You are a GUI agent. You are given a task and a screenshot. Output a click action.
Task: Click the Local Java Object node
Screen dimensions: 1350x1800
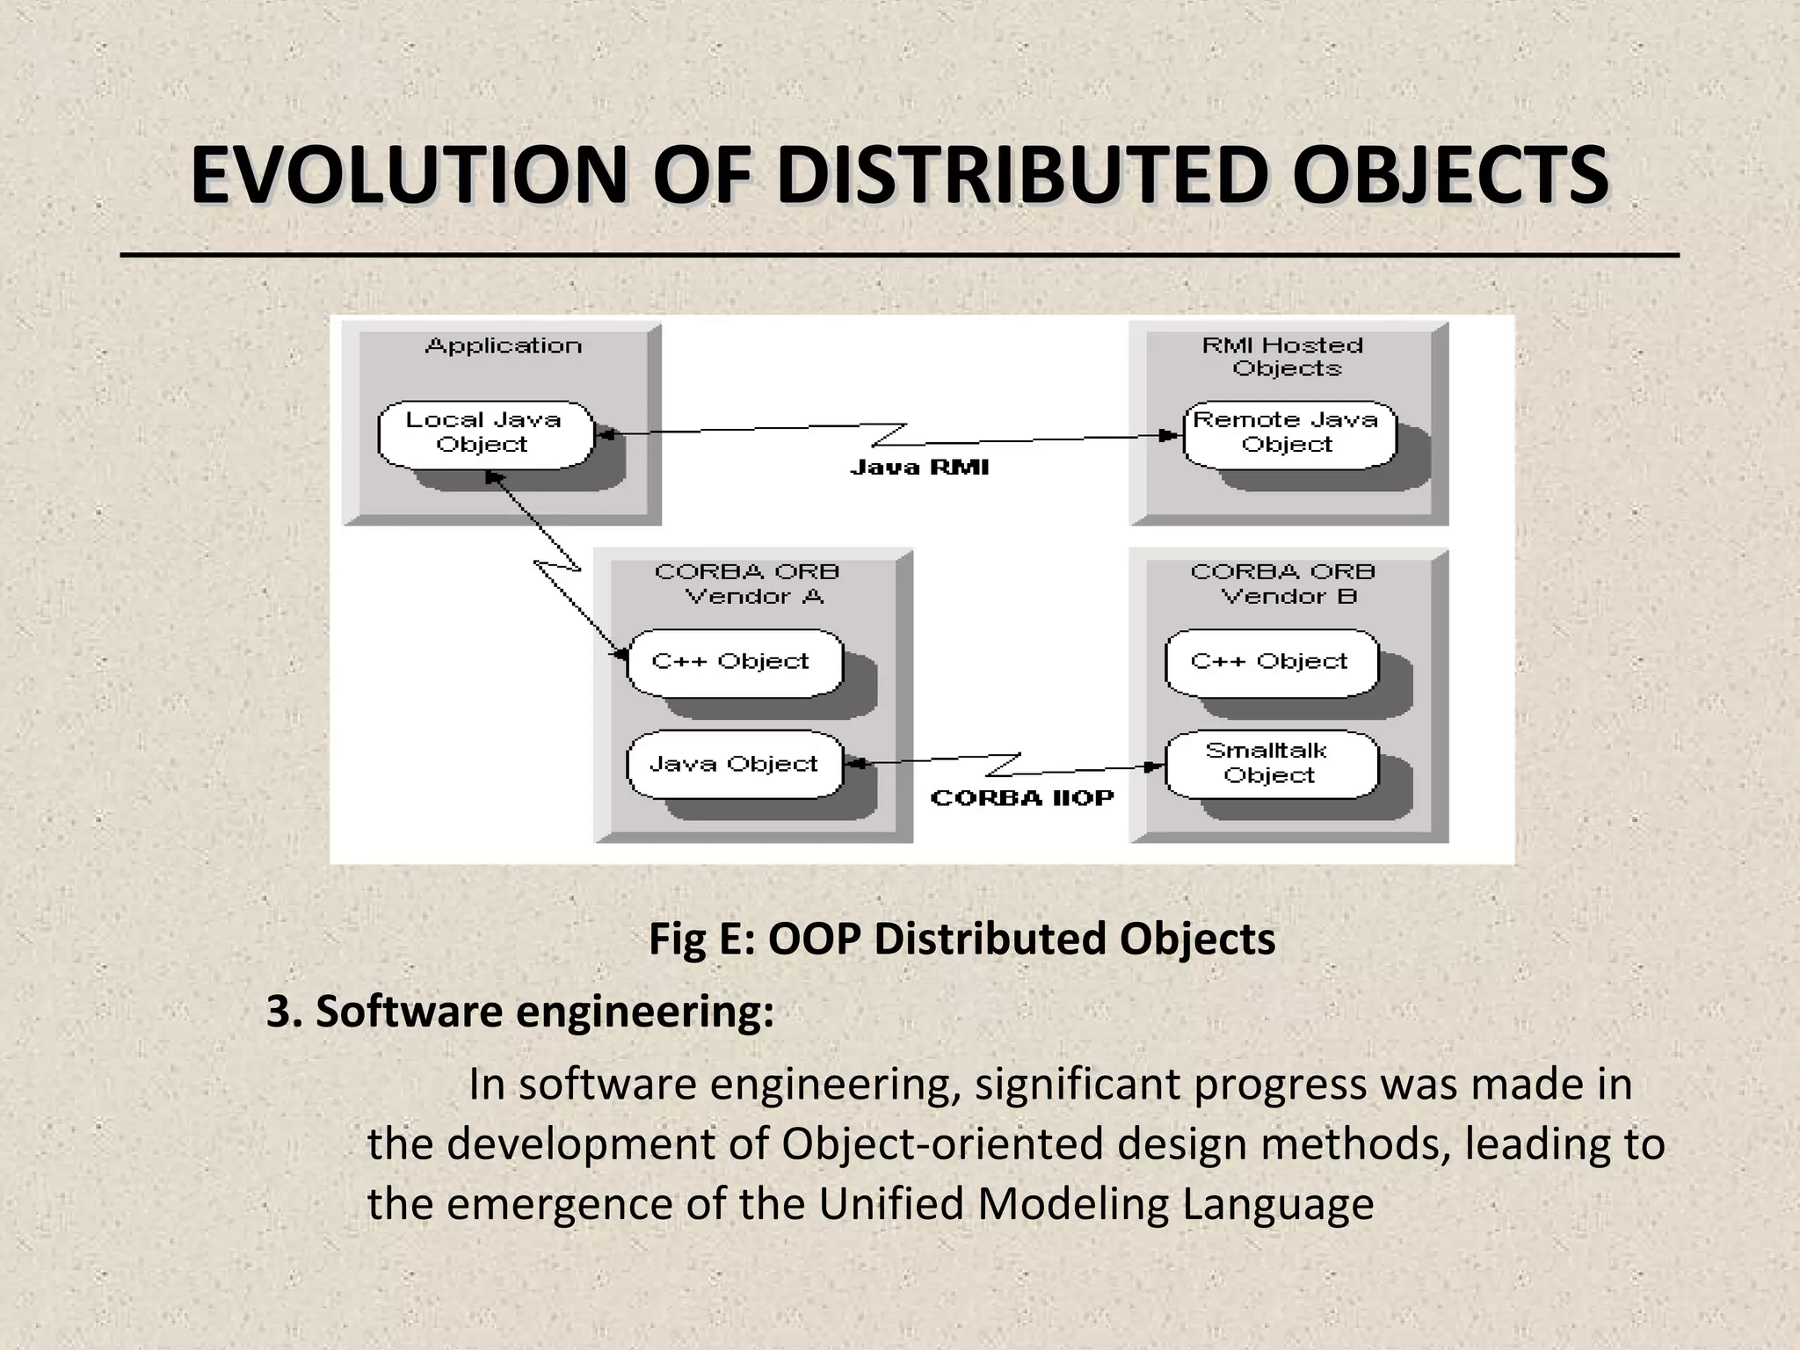coord(485,434)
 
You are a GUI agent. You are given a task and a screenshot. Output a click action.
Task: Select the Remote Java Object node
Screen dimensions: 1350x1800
coord(1288,434)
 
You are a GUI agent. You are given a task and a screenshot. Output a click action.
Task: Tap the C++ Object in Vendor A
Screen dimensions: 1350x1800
coord(733,662)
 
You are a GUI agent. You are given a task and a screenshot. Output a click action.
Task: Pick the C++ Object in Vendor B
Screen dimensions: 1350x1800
coord(1271,662)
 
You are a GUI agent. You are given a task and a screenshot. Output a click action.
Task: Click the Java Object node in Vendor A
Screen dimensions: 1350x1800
coord(735,765)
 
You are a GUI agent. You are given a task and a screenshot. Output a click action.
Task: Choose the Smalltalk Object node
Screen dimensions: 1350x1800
coord(1271,764)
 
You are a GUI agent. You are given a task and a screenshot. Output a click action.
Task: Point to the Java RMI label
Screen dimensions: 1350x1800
coord(919,468)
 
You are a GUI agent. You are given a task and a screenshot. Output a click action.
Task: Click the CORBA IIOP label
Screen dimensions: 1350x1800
coord(1022,798)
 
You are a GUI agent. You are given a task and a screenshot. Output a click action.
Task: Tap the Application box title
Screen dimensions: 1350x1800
coord(504,346)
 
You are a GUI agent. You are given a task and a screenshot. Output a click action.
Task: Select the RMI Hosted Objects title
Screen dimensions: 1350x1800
coord(1284,357)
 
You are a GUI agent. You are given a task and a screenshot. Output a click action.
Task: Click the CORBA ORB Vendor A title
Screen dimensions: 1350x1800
coord(748,584)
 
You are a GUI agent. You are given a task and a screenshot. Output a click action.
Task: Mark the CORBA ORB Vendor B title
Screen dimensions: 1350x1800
coord(1284,584)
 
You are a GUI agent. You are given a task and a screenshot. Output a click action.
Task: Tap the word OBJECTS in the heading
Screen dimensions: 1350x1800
coord(1451,176)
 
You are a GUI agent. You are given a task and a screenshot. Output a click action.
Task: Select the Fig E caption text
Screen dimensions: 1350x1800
coord(962,939)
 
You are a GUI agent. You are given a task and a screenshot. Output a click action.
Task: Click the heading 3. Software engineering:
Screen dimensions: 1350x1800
coord(520,1012)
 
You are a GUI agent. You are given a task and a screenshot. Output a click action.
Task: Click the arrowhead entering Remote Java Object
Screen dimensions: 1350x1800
coord(1171,435)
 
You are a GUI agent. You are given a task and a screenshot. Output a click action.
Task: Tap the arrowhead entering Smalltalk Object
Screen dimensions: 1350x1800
coord(1156,766)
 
